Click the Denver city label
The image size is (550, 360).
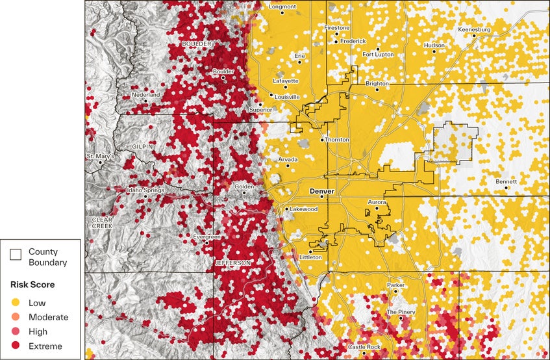(x=321, y=192)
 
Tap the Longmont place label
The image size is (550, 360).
(x=282, y=6)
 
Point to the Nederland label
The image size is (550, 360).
(x=145, y=95)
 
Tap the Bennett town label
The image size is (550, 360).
(x=506, y=181)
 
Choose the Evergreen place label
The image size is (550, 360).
(x=207, y=237)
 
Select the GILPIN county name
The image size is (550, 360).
(x=143, y=147)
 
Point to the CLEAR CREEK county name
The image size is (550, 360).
(x=103, y=222)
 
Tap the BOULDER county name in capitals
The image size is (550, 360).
(x=197, y=44)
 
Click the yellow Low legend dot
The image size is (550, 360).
(x=15, y=302)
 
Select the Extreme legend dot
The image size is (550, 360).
(x=15, y=346)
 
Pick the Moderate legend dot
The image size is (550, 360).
(x=15, y=316)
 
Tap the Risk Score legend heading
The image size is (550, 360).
(x=32, y=285)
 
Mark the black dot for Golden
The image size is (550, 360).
(x=244, y=192)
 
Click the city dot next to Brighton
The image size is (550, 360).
(x=377, y=89)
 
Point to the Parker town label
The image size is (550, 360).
(x=395, y=285)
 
